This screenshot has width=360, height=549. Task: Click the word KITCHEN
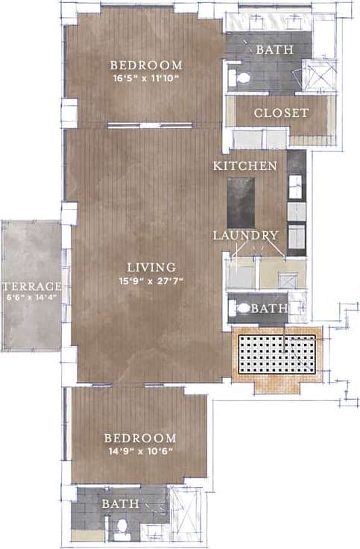[245, 165]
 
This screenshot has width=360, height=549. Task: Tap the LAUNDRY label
[245, 236]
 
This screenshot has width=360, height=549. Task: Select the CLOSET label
[281, 113]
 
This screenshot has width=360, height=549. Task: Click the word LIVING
[151, 267]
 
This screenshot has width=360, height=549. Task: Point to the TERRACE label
[31, 286]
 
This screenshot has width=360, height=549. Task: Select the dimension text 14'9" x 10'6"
[140, 451]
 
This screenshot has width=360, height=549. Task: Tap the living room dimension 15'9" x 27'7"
[151, 281]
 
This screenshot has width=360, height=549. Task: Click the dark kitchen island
[240, 200]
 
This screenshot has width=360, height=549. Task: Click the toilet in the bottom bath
[121, 528]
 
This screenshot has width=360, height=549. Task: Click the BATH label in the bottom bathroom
[120, 504]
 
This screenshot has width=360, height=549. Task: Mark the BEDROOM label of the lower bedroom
[140, 438]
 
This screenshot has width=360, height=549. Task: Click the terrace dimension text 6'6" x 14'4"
[31, 298]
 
